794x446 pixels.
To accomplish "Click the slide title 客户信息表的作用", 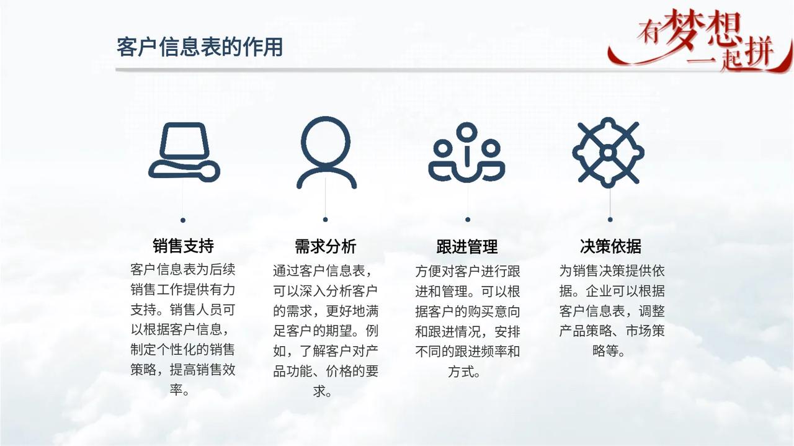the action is [200, 47].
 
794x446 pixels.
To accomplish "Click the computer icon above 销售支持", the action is [184, 152].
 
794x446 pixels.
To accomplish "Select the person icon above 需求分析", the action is [326, 153].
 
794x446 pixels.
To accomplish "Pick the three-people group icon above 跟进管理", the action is [467, 153].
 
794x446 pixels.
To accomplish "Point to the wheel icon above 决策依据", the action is [609, 153].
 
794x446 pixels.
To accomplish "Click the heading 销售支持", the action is [183, 246].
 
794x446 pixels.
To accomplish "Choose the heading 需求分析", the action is [326, 246].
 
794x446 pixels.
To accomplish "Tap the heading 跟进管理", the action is [467, 246].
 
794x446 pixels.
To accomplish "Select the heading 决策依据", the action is [610, 246].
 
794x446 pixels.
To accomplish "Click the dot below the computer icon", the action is [183, 220].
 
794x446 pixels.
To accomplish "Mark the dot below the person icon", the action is [326, 220].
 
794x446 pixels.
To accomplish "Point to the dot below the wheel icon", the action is [610, 220].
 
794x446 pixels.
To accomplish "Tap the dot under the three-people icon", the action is [468, 220].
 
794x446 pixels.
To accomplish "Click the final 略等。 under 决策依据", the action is [609, 350].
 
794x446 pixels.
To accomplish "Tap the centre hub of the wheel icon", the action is [609, 153].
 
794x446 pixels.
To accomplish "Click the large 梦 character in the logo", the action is [682, 30].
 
